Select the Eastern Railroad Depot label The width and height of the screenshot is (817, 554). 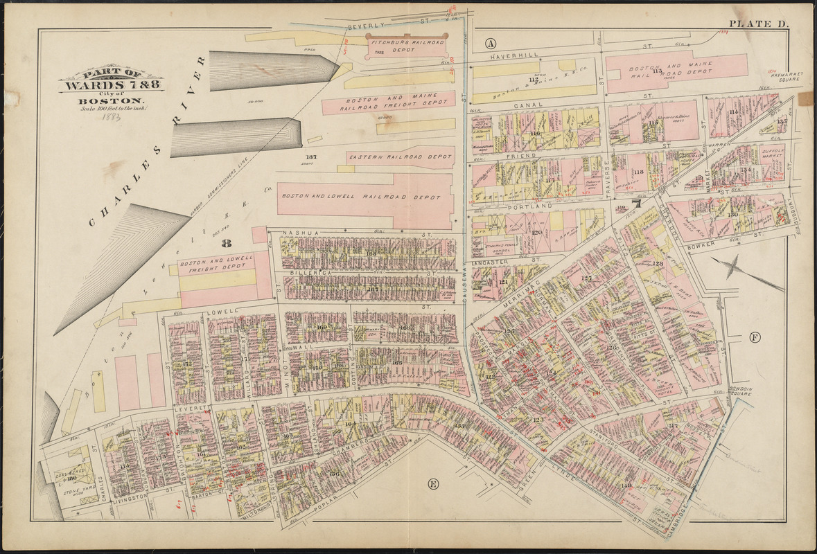point(401,157)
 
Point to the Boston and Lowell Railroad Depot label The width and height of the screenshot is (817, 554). point(360,197)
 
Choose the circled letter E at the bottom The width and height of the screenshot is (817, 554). point(432,483)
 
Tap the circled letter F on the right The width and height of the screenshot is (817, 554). point(755,338)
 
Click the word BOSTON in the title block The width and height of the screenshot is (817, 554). point(111,100)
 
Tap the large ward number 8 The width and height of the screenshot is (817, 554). point(226,243)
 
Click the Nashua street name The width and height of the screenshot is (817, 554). point(299,233)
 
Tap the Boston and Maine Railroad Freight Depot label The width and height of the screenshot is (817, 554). point(388,103)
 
